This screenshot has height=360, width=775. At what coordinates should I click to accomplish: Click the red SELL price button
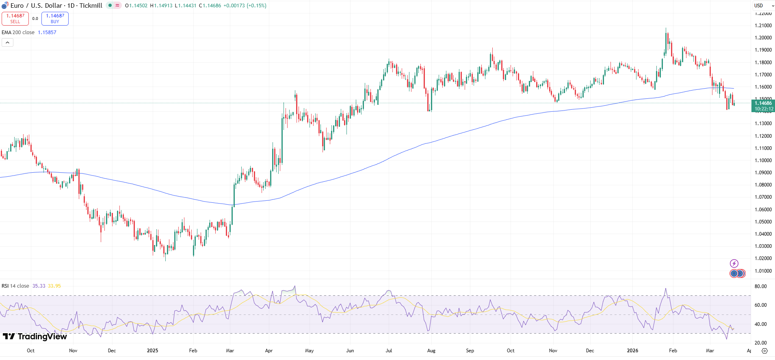tap(15, 19)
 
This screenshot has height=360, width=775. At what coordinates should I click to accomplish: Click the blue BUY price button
tap(55, 19)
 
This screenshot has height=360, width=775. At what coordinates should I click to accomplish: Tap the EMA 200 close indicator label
tap(18, 33)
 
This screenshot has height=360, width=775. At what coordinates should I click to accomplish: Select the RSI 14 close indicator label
tap(15, 286)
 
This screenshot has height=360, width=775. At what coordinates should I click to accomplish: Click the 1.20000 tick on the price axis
tap(763, 38)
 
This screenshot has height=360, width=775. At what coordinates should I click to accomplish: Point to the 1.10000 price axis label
tap(763, 160)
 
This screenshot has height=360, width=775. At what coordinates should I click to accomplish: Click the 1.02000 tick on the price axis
tap(763, 258)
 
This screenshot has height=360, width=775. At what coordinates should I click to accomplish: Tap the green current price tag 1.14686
tap(764, 106)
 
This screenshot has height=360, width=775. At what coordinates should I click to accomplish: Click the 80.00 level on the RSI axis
tap(760, 286)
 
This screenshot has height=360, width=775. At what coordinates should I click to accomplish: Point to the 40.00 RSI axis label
tap(760, 324)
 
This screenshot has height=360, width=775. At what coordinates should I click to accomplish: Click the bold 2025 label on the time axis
tap(152, 351)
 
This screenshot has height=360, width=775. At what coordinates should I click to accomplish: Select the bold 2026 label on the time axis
tap(632, 351)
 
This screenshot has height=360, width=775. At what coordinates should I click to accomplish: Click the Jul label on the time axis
tap(389, 351)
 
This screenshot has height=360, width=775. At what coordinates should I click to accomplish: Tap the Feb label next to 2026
tap(673, 351)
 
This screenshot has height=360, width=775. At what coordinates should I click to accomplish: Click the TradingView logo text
tap(35, 336)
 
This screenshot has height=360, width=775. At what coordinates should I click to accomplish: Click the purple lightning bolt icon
tap(734, 263)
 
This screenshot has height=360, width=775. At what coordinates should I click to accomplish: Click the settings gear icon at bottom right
tap(764, 351)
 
